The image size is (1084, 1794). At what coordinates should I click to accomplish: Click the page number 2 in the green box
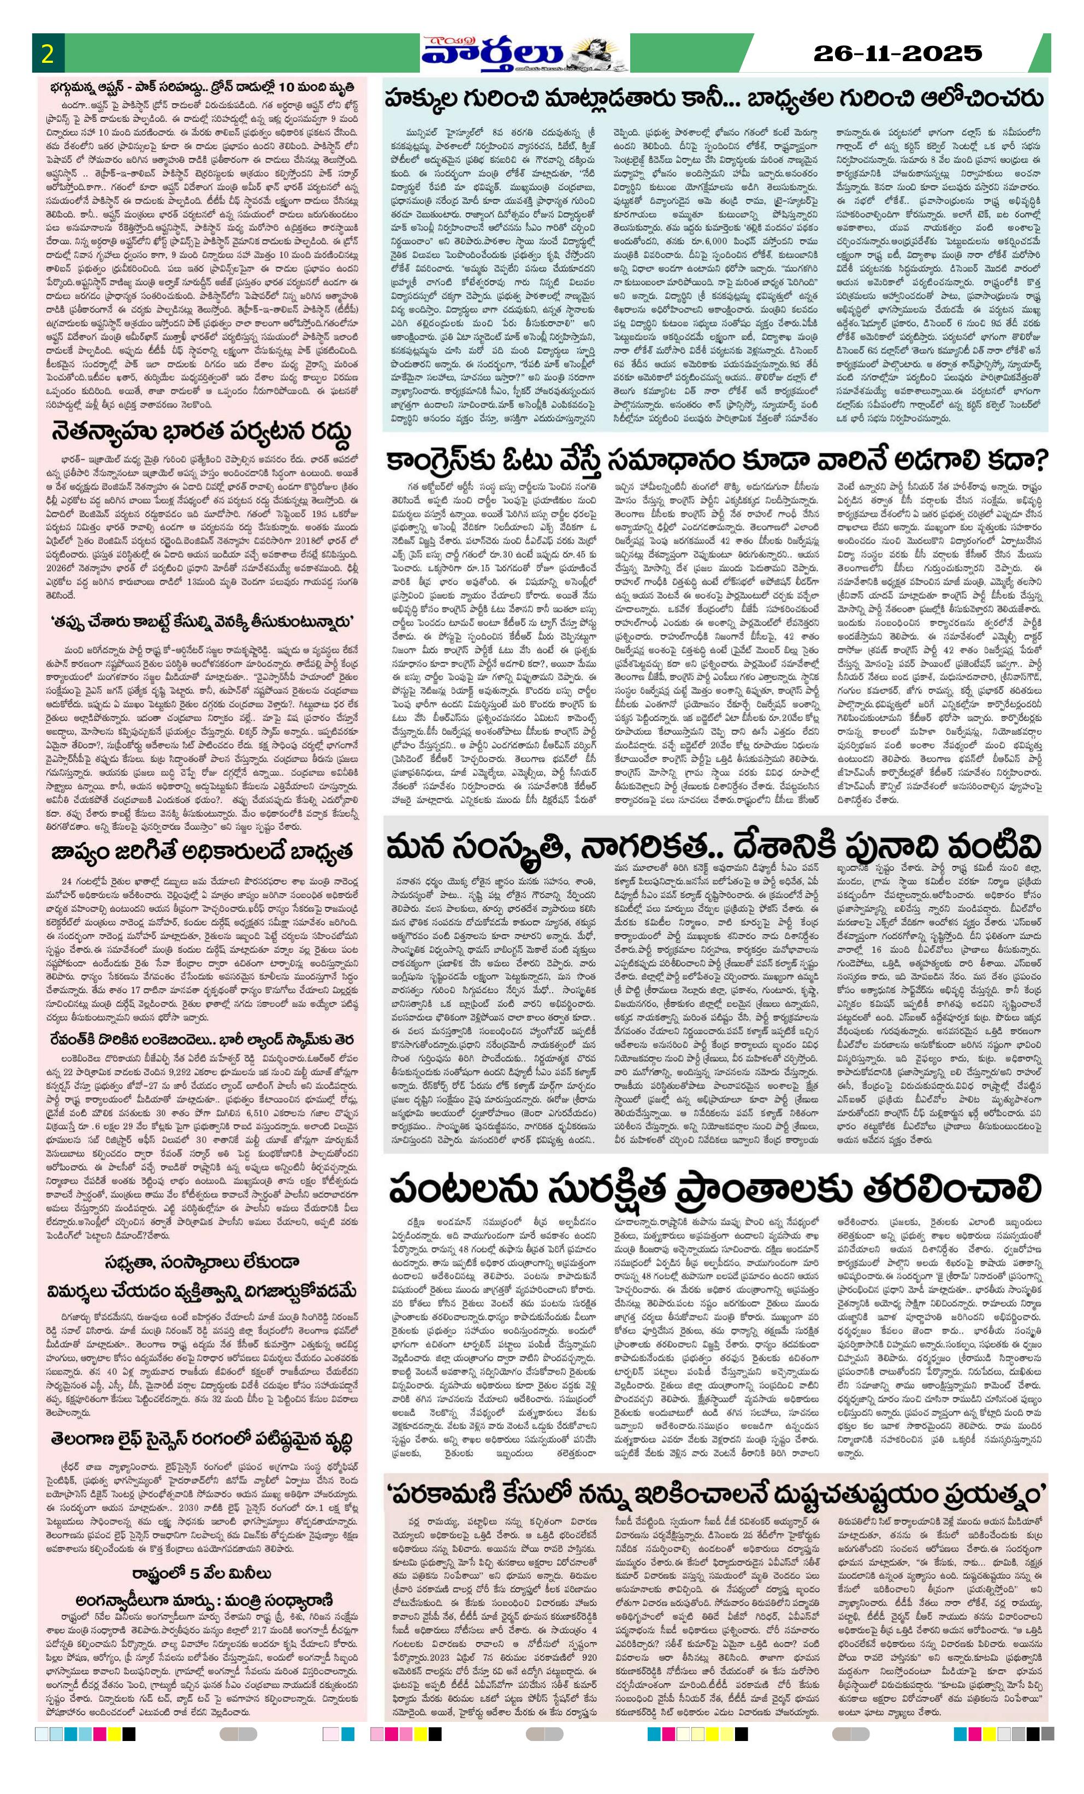tap(49, 55)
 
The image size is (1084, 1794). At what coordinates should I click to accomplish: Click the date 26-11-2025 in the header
tap(897, 53)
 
